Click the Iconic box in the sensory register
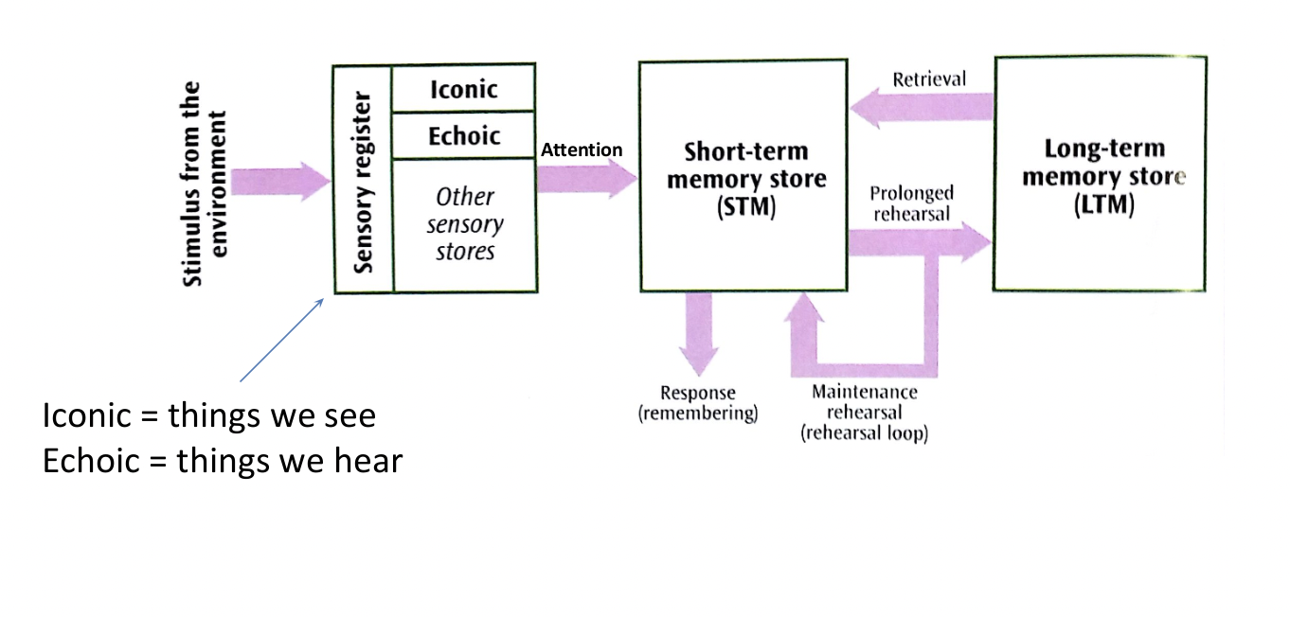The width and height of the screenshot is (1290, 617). pos(464,90)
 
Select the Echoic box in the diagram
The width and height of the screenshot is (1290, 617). pos(464,136)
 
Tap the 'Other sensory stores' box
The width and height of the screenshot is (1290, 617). pos(464,224)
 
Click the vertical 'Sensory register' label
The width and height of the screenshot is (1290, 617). pos(363,180)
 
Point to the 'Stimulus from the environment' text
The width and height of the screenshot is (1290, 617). pos(206,184)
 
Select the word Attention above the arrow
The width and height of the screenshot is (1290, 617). pos(582,150)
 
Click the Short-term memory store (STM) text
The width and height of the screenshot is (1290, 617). pos(745,180)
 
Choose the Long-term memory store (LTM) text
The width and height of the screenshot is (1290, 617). pos(1102,177)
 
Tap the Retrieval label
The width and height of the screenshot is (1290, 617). pos(929,79)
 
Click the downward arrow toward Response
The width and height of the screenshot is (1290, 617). pos(700,331)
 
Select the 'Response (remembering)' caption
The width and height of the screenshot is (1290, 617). pos(699,404)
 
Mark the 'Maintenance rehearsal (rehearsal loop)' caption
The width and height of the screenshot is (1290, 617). pos(864,414)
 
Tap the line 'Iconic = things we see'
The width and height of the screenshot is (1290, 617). pos(208,416)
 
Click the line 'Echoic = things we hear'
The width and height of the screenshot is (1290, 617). pos(222,461)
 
